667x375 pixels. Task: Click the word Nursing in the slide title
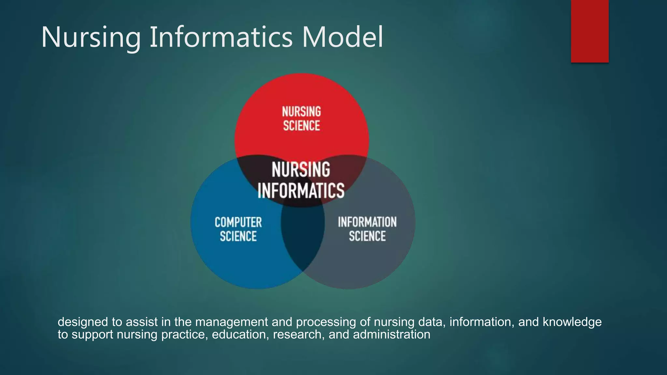(91, 37)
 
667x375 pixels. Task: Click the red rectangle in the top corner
(589, 31)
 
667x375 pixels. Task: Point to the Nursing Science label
(301, 118)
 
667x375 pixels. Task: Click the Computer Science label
(238, 229)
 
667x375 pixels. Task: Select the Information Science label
(367, 229)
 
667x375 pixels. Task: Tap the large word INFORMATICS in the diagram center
(301, 190)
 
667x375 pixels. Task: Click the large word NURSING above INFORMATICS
(301, 170)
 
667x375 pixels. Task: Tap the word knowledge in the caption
(572, 322)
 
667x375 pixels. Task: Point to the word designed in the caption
(83, 322)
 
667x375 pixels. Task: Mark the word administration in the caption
(391, 335)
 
